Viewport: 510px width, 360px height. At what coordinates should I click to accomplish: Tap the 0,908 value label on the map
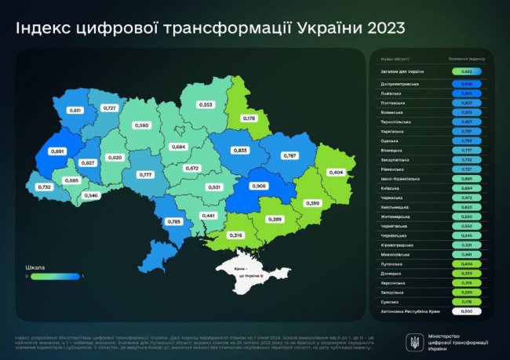(x=259, y=186)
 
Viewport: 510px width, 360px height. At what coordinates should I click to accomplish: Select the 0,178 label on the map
(x=250, y=118)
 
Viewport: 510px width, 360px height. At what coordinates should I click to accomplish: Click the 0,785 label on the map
(x=174, y=222)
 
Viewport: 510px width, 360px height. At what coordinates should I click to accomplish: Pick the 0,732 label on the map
(x=44, y=187)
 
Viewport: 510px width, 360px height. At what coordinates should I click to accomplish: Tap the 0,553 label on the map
(x=206, y=104)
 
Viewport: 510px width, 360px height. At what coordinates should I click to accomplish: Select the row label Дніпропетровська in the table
(x=400, y=82)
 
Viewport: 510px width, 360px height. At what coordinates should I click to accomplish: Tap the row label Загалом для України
(x=403, y=71)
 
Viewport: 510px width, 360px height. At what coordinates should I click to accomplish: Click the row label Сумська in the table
(x=390, y=301)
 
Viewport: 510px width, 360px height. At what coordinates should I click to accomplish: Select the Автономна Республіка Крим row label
(x=410, y=311)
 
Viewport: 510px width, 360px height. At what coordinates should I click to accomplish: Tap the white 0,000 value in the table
(x=467, y=311)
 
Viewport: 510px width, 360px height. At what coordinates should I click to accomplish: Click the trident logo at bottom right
(x=414, y=341)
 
